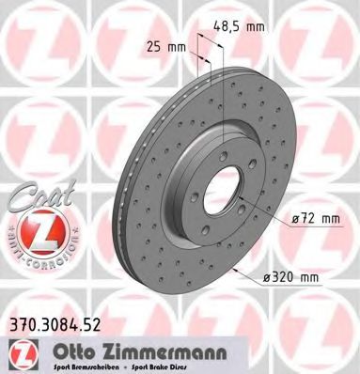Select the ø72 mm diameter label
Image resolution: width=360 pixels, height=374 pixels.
click(313, 218)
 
